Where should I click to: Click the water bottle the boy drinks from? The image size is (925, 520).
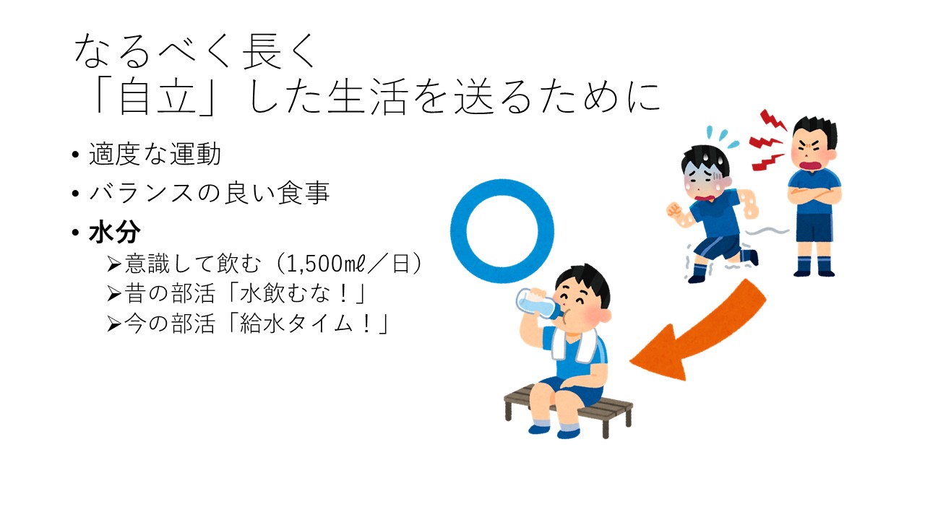538,304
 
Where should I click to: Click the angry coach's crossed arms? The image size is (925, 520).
814,195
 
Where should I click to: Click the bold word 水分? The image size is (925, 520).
114,233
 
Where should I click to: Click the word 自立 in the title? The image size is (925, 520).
158,97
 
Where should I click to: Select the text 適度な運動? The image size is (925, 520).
155,154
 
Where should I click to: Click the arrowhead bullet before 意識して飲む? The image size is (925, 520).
114,264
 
